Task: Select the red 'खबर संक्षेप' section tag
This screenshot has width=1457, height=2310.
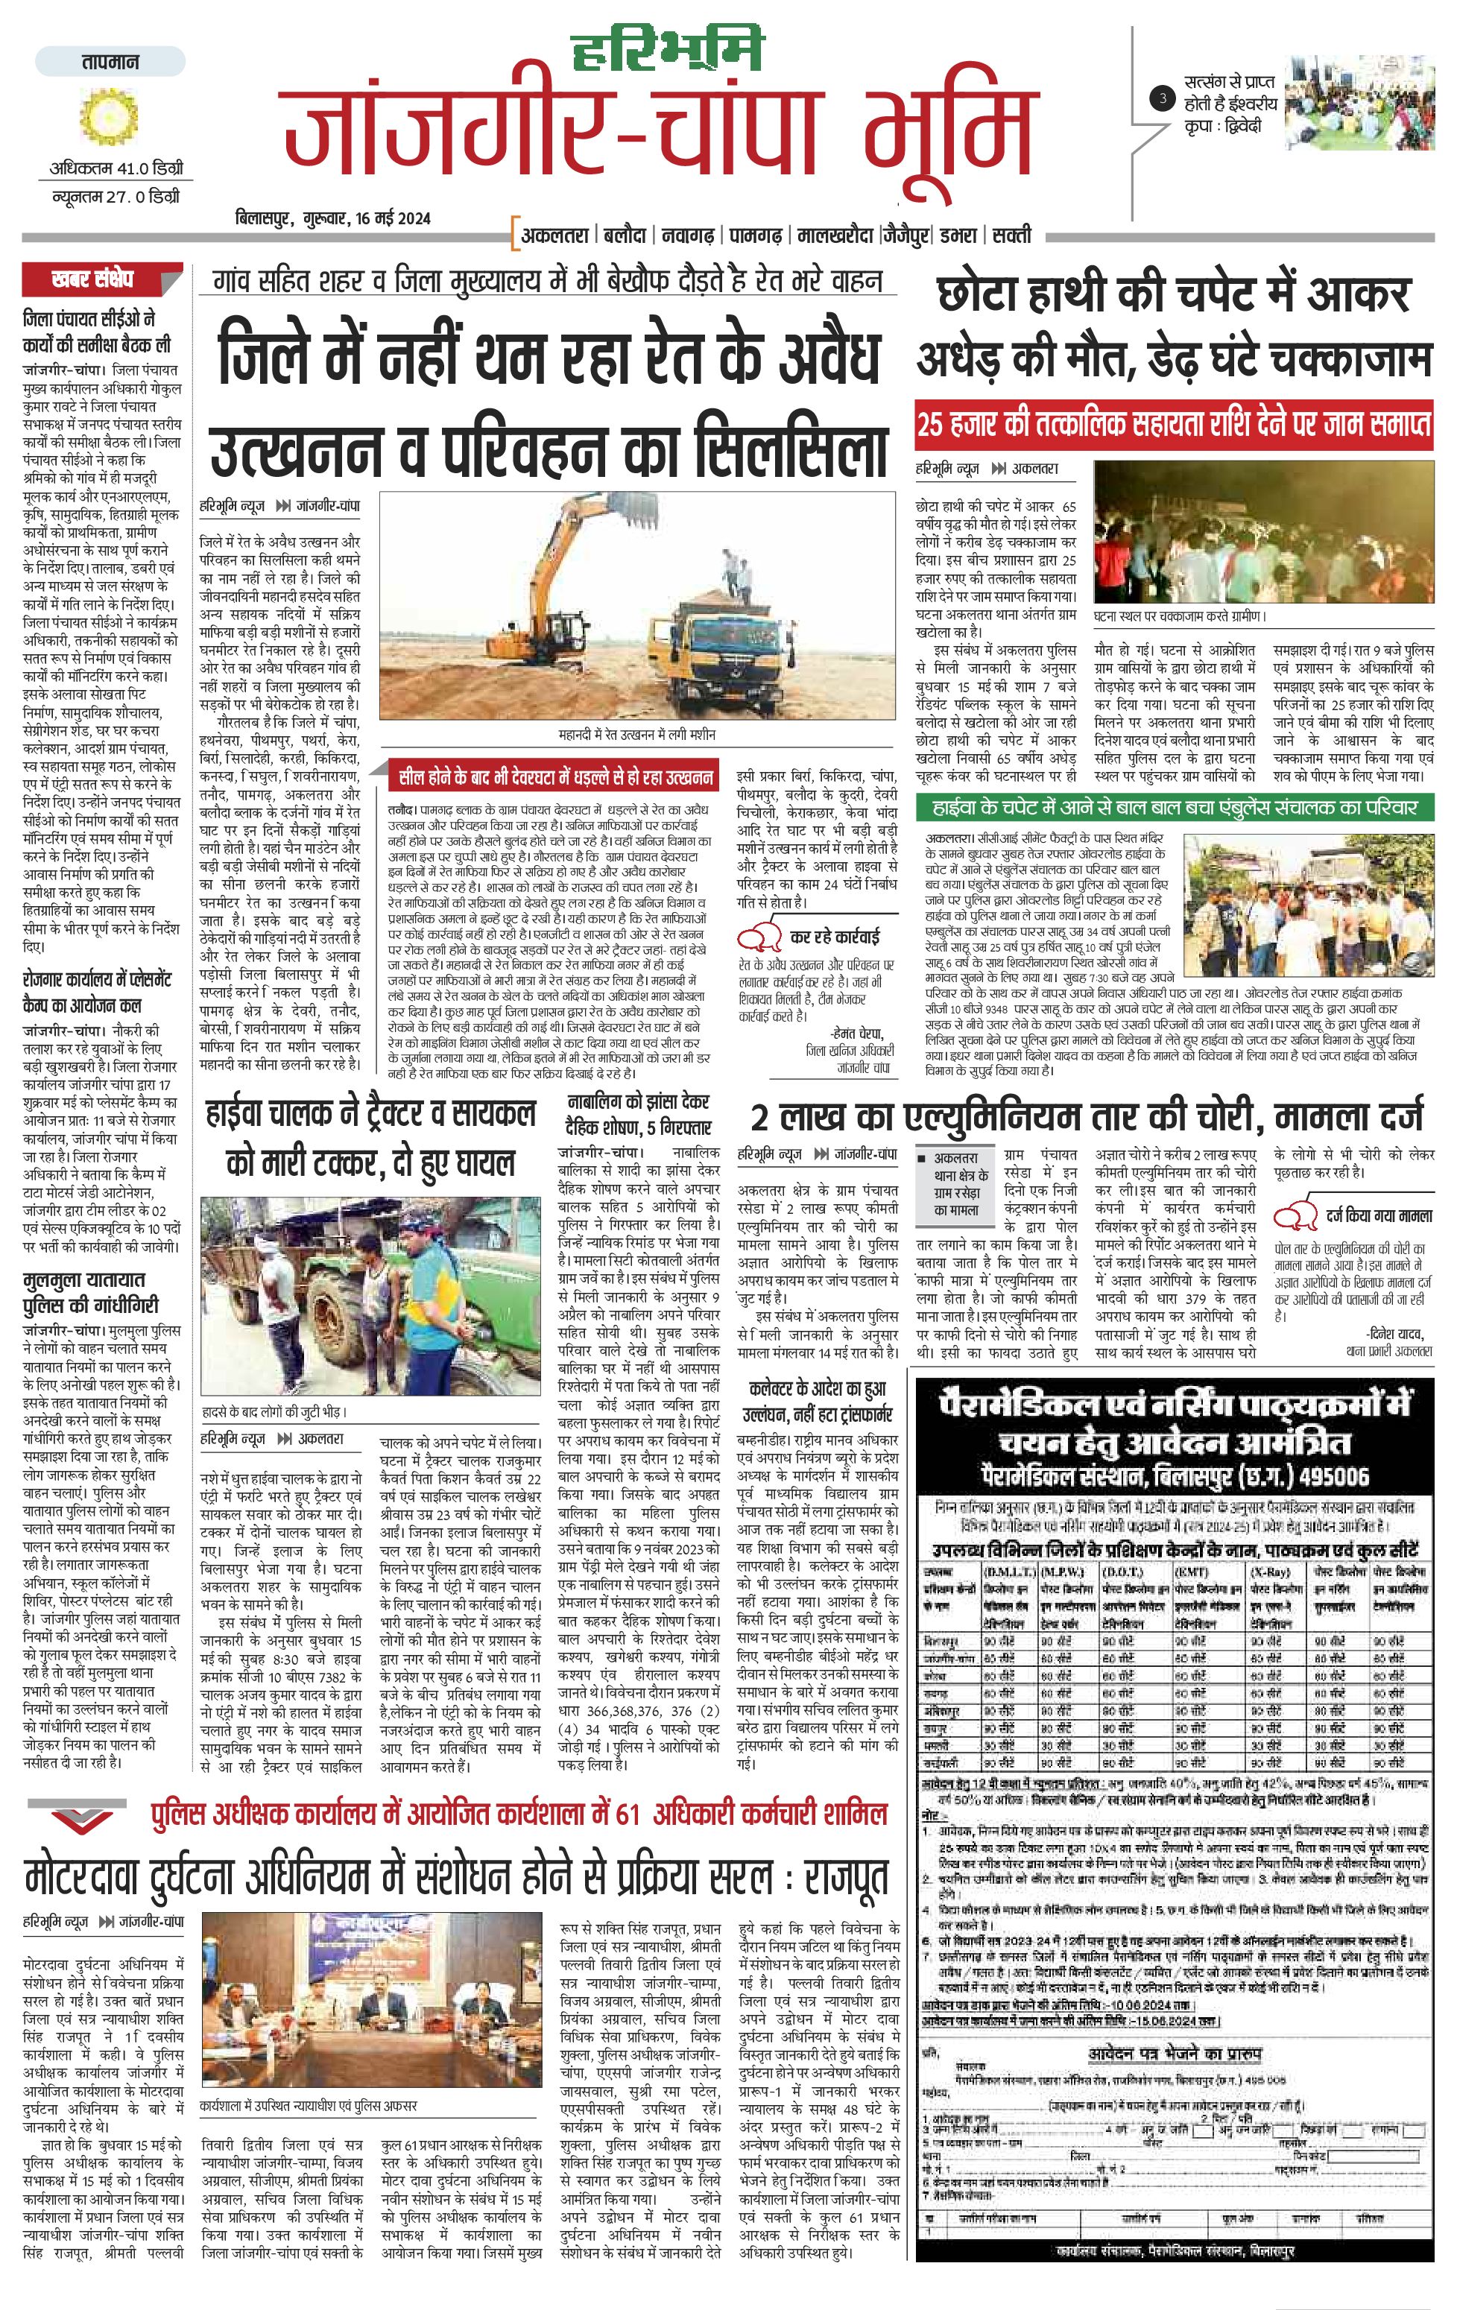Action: (x=92, y=280)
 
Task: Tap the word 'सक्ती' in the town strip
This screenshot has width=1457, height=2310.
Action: (x=1012, y=234)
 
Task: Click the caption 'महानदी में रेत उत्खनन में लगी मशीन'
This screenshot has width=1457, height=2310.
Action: (x=636, y=734)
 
